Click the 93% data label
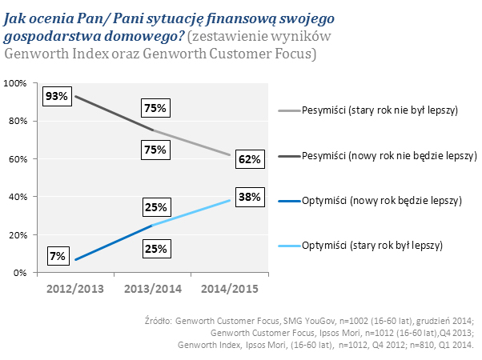56,97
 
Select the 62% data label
250,159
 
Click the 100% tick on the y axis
17,83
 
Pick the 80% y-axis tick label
19,121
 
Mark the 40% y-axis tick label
19,197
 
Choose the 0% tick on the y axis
22,273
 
